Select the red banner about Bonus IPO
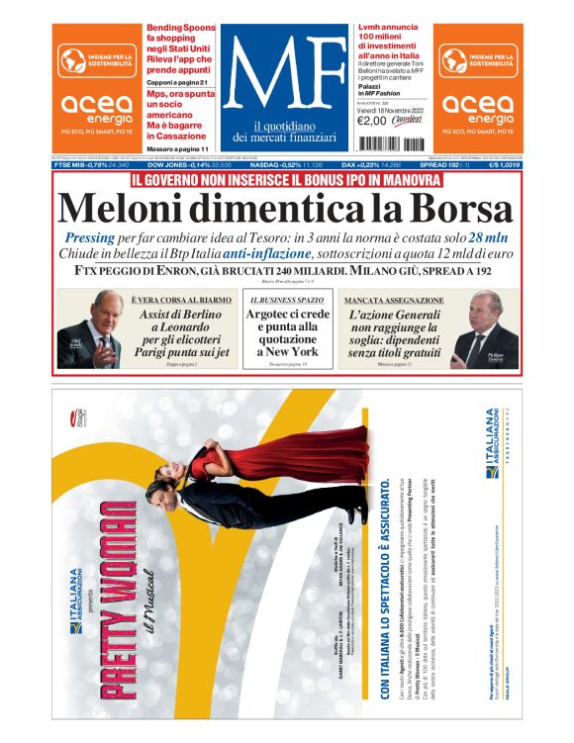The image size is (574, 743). pyautogui.click(x=286, y=181)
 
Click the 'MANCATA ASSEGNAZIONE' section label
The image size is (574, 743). pyautogui.click(x=388, y=298)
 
